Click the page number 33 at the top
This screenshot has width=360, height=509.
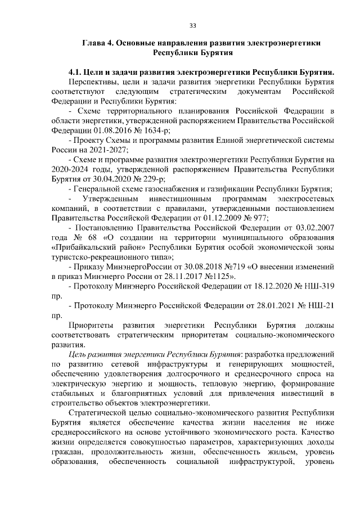[x=192, y=25]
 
